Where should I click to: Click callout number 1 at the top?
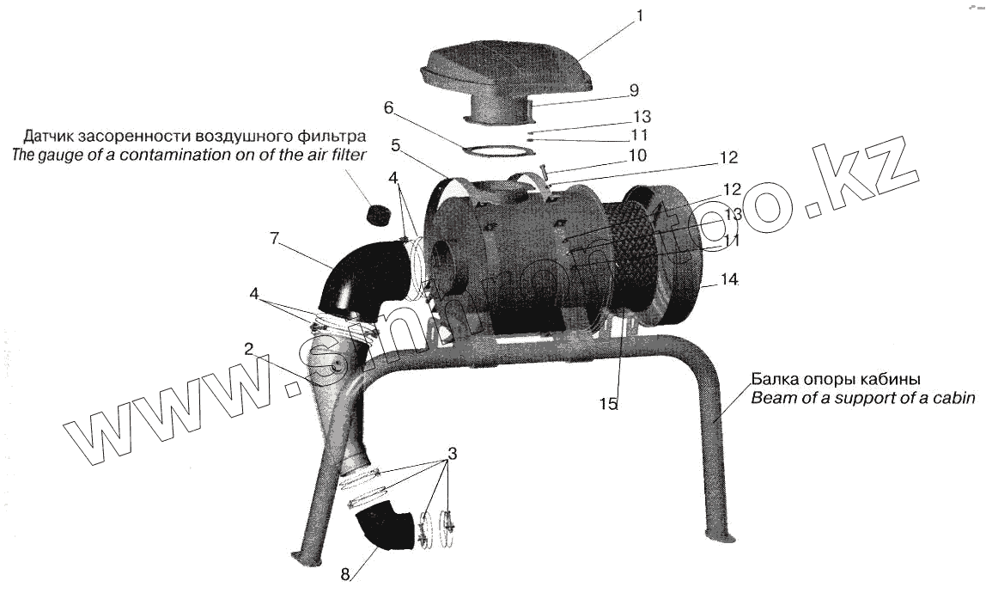[638, 15]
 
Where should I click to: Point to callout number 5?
[395, 146]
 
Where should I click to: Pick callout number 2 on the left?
[247, 349]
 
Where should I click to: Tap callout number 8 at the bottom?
[344, 576]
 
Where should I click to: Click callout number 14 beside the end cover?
[730, 279]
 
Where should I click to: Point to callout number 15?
[608, 404]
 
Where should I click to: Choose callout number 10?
[636, 156]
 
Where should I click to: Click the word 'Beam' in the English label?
[770, 398]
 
